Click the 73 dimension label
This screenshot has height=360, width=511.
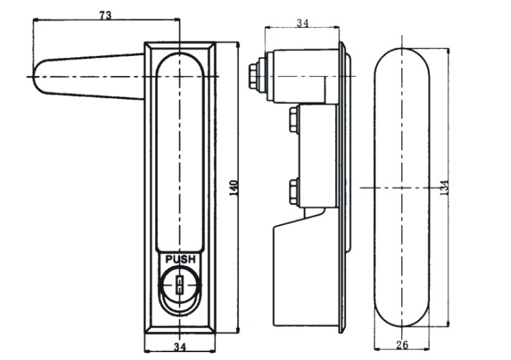pyautogui.click(x=106, y=15)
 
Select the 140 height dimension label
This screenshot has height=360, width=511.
pyautogui.click(x=234, y=188)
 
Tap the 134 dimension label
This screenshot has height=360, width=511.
pyautogui.click(x=444, y=188)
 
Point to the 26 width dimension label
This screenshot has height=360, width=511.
pyautogui.click(x=402, y=344)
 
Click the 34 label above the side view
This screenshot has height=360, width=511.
pyautogui.click(x=302, y=23)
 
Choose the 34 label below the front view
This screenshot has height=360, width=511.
pyautogui.click(x=179, y=346)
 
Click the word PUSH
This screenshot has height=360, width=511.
pyautogui.click(x=181, y=260)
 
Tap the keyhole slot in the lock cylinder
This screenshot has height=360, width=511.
pyautogui.click(x=179, y=285)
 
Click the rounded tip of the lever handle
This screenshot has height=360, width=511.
pyautogui.click(x=37, y=77)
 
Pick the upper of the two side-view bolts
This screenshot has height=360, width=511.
pyautogui.click(x=294, y=120)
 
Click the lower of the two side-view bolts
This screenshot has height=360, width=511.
pyautogui.click(x=294, y=191)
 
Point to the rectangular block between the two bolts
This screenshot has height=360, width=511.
pyautogui.click(x=317, y=156)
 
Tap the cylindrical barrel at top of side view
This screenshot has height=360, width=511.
pyautogui.click(x=302, y=75)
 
